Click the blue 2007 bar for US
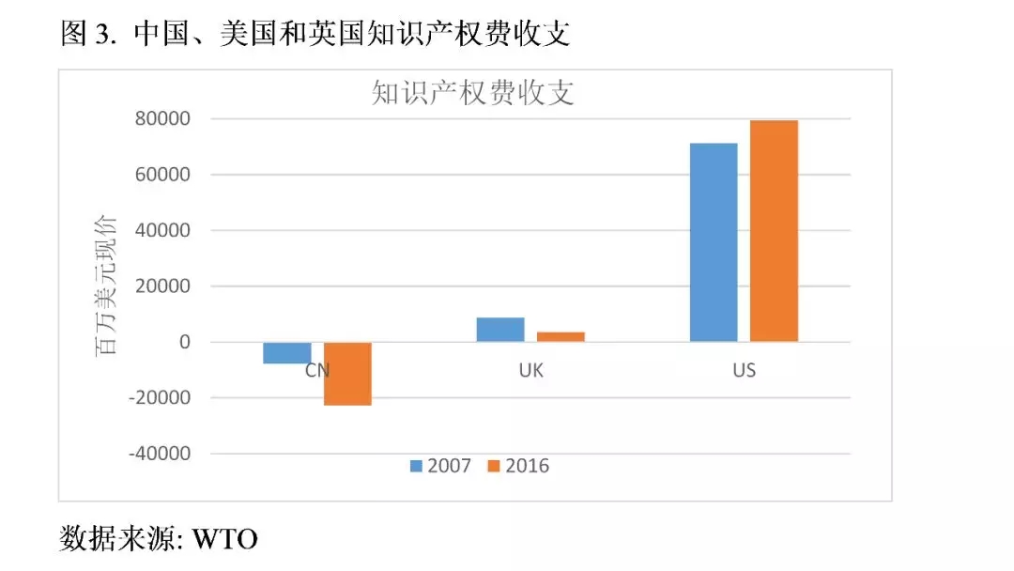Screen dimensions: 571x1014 click(x=714, y=242)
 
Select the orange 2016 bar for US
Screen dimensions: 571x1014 click(x=774, y=231)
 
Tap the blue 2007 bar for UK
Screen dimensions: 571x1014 click(x=500, y=330)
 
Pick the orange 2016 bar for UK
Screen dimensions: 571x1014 click(x=561, y=336)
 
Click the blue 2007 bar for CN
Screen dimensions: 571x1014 click(x=287, y=352)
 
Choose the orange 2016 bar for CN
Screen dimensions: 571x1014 click(x=347, y=374)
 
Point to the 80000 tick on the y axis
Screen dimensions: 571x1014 click(x=166, y=119)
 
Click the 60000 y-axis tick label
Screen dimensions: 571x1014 click(x=166, y=175)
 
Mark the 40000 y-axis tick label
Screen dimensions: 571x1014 click(x=166, y=231)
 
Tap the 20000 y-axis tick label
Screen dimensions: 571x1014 click(x=166, y=286)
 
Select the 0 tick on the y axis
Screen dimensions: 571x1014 click(x=184, y=343)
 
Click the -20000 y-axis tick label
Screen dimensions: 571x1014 click(x=162, y=398)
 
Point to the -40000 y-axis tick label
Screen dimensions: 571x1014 click(x=162, y=454)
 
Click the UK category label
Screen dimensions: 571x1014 click(x=530, y=371)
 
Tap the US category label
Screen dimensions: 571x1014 click(x=744, y=371)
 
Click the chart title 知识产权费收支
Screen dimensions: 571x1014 click(x=473, y=93)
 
